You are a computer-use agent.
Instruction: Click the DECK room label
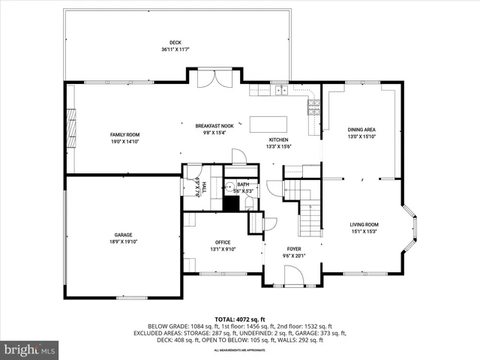[175, 42]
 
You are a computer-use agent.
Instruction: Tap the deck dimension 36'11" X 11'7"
[175, 49]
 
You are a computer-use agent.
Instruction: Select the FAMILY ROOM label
[125, 134]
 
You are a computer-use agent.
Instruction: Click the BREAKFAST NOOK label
[214, 126]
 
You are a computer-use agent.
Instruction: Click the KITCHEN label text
[279, 139]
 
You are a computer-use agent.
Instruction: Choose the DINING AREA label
[360, 130]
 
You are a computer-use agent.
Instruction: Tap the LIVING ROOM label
[364, 224]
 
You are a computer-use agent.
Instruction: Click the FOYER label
[293, 248]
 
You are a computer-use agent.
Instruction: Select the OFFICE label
[222, 242]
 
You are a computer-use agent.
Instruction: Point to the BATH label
[243, 184]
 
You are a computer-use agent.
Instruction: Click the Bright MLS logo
[30, 349]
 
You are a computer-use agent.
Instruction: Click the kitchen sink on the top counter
[282, 91]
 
